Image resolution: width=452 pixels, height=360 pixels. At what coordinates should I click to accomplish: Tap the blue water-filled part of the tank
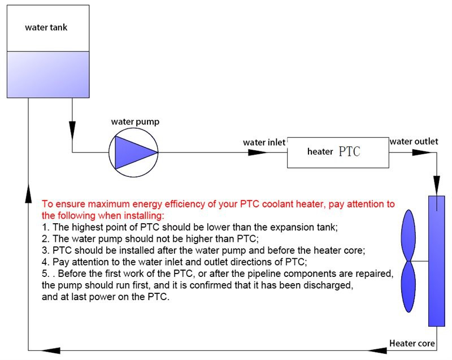tap(47, 74)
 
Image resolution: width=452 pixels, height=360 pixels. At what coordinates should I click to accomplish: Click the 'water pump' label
tap(136, 122)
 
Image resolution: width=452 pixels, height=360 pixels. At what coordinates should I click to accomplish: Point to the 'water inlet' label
tap(264, 142)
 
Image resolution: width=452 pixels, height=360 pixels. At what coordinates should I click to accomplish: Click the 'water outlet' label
tap(414, 141)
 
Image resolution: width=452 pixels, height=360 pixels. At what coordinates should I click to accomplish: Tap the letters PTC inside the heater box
tap(349, 152)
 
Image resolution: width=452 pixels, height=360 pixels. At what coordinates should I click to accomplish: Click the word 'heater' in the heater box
tap(320, 152)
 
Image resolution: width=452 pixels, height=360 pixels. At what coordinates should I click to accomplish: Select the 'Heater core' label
tap(412, 343)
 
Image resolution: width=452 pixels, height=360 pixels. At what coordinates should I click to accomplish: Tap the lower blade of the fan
tap(408, 288)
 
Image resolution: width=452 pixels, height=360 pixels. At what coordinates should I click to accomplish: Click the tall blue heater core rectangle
tap(436, 261)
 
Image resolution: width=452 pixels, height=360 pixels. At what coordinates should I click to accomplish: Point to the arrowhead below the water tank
tap(73, 130)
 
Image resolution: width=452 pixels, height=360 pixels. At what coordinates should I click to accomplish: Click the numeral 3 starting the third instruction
tap(45, 250)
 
